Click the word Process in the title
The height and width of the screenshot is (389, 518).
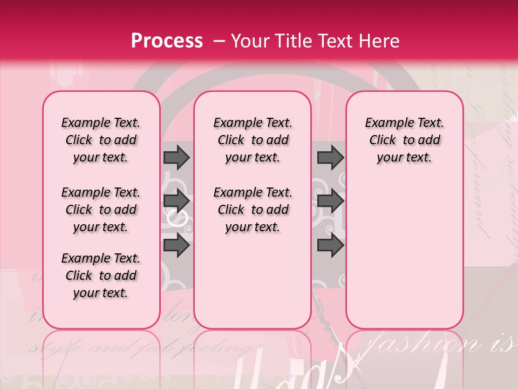pos(167,41)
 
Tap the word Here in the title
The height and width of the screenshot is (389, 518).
pos(378,41)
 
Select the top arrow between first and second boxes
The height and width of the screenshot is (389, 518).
pos(176,157)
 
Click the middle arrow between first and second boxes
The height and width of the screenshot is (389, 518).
pos(176,201)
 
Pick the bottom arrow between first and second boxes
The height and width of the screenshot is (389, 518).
pos(176,245)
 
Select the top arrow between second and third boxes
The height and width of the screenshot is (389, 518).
pos(330,157)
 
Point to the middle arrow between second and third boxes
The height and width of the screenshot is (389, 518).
pos(330,201)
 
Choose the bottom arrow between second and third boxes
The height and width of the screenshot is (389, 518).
pos(330,245)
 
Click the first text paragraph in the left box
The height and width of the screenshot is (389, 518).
pos(101,140)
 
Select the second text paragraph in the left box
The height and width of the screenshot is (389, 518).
pos(101,210)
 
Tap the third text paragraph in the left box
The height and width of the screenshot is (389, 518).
pos(101,276)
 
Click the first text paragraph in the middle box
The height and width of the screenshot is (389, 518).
pos(253,140)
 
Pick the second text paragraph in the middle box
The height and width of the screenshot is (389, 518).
pos(253,210)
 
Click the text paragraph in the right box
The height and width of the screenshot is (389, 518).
pos(405,140)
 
